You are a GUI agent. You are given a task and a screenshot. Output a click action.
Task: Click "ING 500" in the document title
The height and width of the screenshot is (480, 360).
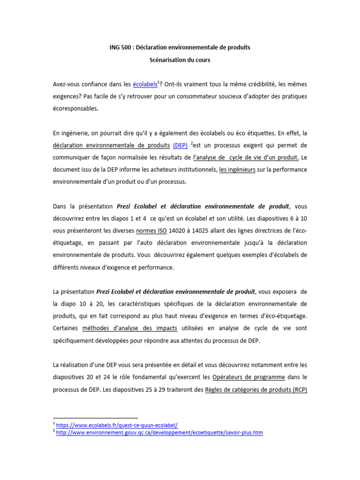[x=116, y=48]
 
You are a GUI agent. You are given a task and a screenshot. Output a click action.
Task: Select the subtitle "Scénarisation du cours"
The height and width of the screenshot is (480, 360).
[x=180, y=60]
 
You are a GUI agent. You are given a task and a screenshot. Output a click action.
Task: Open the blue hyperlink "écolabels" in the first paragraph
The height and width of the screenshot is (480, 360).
[x=145, y=84]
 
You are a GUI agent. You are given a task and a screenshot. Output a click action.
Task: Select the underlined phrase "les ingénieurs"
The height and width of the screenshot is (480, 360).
[x=237, y=170]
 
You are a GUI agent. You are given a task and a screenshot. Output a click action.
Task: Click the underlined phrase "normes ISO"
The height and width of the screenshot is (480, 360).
[x=151, y=231]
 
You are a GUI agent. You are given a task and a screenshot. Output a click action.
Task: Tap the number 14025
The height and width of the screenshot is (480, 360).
[x=207, y=231]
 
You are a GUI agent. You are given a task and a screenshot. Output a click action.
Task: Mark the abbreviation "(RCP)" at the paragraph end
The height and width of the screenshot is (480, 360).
[x=298, y=389]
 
